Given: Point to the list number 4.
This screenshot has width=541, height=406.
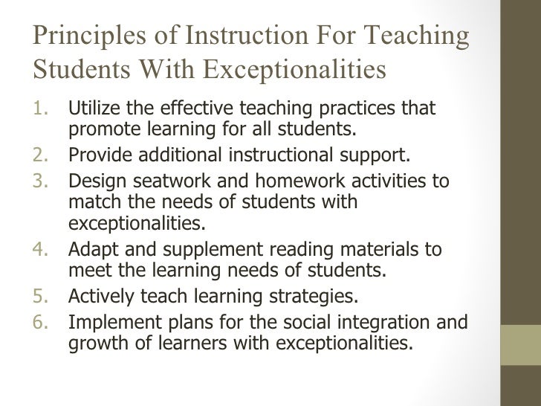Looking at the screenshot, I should (42, 251).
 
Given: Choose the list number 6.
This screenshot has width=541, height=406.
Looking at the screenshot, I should (42, 322).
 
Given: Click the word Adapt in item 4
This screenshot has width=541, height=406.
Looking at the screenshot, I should (89, 251).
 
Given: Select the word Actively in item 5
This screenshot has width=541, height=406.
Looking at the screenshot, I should (97, 298).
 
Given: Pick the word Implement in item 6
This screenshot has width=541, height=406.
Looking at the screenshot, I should (107, 323).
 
